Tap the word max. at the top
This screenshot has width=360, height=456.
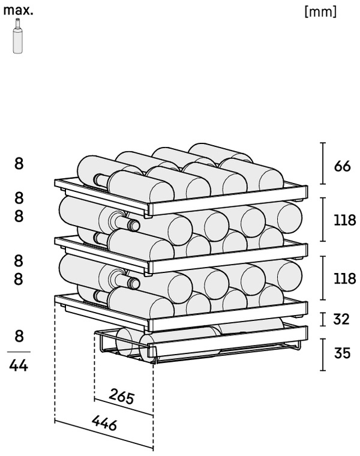pyautogui.click(x=19, y=11)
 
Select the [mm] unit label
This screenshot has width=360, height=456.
pyautogui.click(x=321, y=11)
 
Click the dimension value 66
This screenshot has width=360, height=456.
pyautogui.click(x=342, y=166)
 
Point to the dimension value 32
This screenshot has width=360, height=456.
pyautogui.click(x=341, y=319)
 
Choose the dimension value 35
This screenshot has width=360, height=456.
pyautogui.click(x=342, y=353)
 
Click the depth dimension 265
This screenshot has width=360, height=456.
pyautogui.click(x=122, y=396)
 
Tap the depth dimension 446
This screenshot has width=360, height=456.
pyautogui.click(x=104, y=422)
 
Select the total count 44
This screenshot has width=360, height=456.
pyautogui.click(x=19, y=365)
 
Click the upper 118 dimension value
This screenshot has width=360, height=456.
pyautogui.click(x=344, y=220)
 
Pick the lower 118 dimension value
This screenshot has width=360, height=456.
pyautogui.click(x=344, y=278)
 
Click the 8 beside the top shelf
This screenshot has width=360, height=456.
pyautogui.click(x=19, y=164)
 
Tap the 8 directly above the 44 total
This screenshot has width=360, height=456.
pyautogui.click(x=19, y=336)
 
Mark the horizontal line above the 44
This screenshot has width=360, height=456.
pyautogui.click(x=19, y=352)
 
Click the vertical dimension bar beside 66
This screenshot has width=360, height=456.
pyautogui.click(x=323, y=163)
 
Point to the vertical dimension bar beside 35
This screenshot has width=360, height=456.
pyautogui.click(x=323, y=355)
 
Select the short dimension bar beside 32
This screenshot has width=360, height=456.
pyautogui.click(x=323, y=319)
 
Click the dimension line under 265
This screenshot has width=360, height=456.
pyautogui.click(x=124, y=407)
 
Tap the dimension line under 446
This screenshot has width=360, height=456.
pyautogui.click(x=104, y=434)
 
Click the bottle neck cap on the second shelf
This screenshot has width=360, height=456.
pyautogui.click(x=134, y=225)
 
